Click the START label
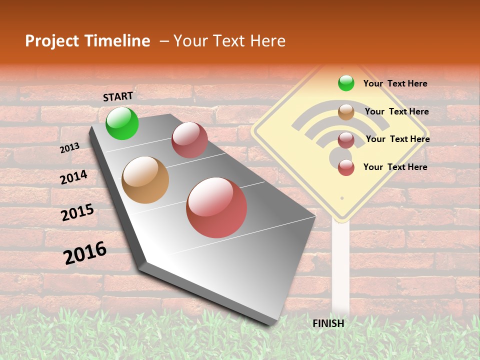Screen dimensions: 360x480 click(x=118, y=96)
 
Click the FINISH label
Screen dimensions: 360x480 click(x=328, y=323)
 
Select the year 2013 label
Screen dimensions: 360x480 click(x=69, y=147)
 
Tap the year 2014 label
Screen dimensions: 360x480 click(x=73, y=177)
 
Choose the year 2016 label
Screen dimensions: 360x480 click(x=85, y=253)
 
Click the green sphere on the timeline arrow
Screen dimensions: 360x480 click(x=122, y=123)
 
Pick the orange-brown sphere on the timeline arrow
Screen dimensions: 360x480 click(x=145, y=180)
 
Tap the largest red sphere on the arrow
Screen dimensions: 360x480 click(x=216, y=207)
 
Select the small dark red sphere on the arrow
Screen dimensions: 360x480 click(x=189, y=140)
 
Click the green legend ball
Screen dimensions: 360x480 click(x=346, y=83)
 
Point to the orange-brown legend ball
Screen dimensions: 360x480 click(x=346, y=112)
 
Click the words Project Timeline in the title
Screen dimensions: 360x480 click(x=87, y=41)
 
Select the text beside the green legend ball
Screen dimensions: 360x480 click(x=395, y=83)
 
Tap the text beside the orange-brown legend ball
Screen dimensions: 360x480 click(x=396, y=111)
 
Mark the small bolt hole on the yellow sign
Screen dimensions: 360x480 click(x=342, y=198)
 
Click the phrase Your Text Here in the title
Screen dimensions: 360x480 click(x=229, y=41)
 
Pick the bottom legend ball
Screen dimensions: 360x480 click(x=346, y=167)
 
